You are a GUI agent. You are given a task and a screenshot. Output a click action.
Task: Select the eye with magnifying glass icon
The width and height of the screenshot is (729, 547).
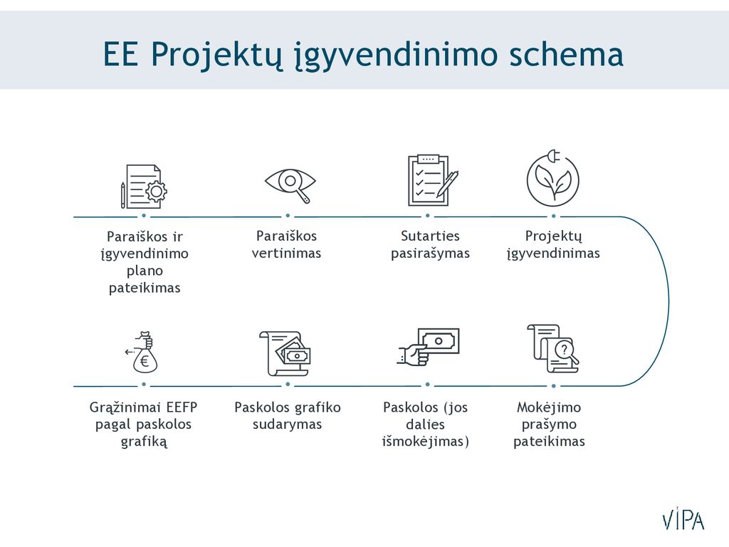[290, 185]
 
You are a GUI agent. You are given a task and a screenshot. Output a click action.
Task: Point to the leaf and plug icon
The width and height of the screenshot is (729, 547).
[552, 178]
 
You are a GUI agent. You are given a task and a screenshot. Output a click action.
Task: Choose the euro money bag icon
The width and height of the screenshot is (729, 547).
[142, 352]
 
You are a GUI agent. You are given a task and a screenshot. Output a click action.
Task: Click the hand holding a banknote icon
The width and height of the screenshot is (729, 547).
[428, 347]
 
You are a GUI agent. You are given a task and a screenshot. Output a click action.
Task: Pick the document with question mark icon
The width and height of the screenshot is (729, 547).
[552, 348]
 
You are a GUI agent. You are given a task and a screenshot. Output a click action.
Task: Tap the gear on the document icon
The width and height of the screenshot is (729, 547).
[157, 191]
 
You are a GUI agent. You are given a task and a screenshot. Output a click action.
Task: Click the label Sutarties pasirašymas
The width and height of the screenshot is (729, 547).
[430, 245]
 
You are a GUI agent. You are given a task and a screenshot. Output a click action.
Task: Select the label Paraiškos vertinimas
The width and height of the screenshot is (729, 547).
[286, 245]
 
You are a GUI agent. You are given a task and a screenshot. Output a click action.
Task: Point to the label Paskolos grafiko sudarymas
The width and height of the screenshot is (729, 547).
[288, 415]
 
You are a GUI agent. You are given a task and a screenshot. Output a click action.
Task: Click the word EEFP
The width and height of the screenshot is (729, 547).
[182, 407]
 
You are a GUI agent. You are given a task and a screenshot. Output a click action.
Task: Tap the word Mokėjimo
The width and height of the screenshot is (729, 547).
[549, 407]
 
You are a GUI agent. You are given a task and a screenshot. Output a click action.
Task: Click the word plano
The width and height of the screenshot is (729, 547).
[145, 271]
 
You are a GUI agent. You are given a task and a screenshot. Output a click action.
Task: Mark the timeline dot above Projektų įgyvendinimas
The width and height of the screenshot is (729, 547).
[553, 217]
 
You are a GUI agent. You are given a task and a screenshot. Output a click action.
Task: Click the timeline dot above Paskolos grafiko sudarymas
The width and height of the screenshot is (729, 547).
[288, 385]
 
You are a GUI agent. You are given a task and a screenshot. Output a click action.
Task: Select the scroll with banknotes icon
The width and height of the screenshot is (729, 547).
[285, 353]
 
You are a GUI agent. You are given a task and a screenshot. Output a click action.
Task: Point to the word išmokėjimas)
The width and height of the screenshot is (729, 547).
[426, 441]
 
